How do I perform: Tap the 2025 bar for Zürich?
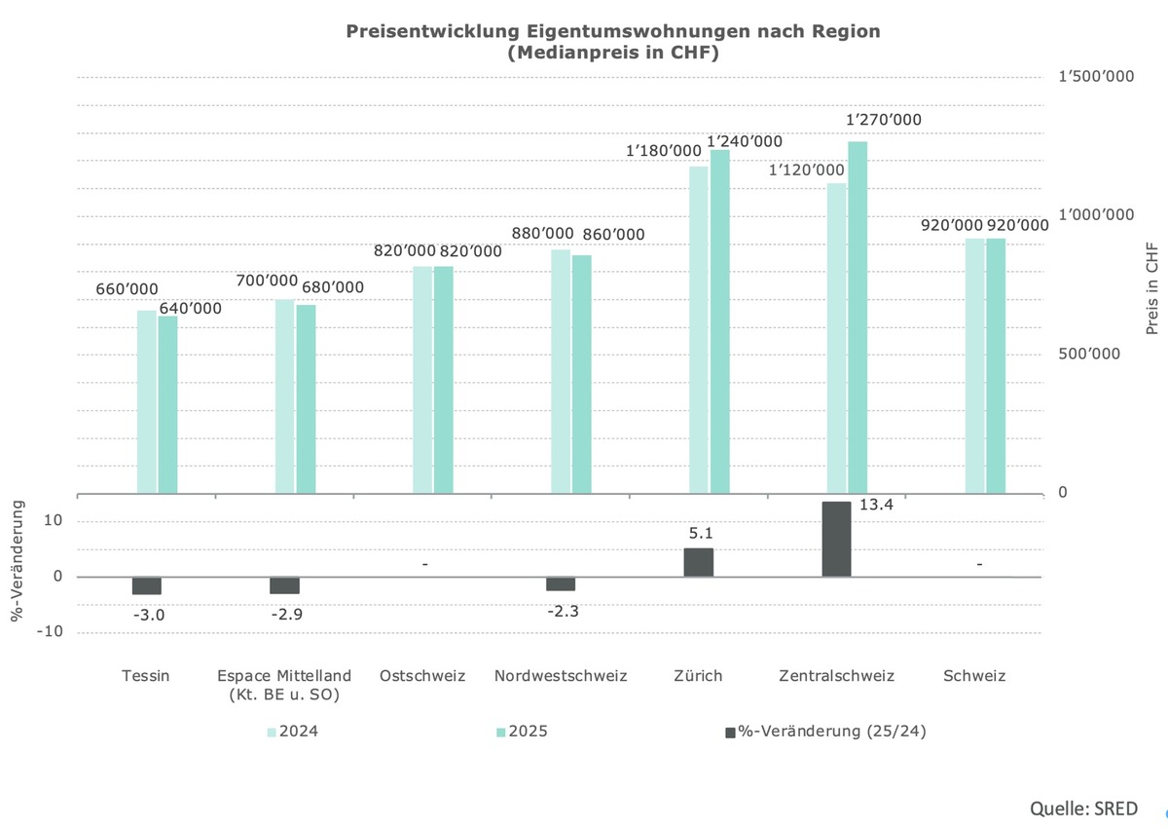pos(719,321)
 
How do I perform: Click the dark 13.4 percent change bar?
pos(836,539)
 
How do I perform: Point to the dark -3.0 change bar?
pos(147,585)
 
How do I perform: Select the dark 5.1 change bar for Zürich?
pos(698,562)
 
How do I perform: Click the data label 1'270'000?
pos(883,120)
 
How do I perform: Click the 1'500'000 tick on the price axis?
pos(1096,77)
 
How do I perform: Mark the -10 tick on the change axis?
pos(50,631)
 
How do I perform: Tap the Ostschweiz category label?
pos(422,676)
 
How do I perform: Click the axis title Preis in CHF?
pos(1152,288)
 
